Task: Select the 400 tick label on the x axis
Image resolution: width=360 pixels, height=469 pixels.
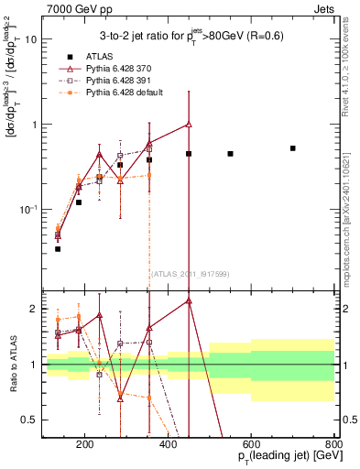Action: tap(168, 446)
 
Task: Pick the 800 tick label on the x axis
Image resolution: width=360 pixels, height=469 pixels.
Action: tap(333, 446)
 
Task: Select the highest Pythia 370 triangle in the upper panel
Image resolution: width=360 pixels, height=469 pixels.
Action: tap(189, 124)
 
